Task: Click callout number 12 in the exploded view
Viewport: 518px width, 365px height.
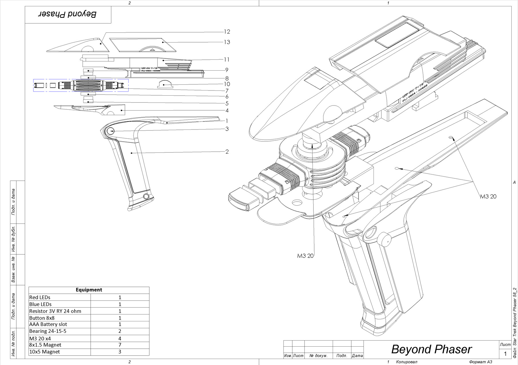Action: pyautogui.click(x=227, y=32)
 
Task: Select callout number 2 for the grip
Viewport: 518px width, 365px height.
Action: pyautogui.click(x=227, y=152)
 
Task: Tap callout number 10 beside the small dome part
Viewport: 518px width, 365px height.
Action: pyautogui.click(x=227, y=84)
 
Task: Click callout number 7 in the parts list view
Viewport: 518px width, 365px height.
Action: pyautogui.click(x=227, y=91)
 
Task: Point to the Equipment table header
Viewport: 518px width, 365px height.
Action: pyautogui.click(x=89, y=290)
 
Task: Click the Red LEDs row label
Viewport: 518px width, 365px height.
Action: pyautogui.click(x=40, y=297)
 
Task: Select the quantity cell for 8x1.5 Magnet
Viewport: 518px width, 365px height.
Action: pyautogui.click(x=120, y=345)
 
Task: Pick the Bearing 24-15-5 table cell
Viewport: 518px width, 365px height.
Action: pyautogui.click(x=48, y=331)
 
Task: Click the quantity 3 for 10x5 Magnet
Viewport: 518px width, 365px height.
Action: pyautogui.click(x=120, y=352)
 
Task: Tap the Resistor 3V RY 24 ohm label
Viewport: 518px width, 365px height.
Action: pyautogui.click(x=55, y=311)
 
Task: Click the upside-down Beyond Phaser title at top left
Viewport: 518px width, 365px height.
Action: pyautogui.click(x=68, y=14)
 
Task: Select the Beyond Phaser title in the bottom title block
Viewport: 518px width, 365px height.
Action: pyautogui.click(x=431, y=349)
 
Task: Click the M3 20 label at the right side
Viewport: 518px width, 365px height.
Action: pyautogui.click(x=488, y=196)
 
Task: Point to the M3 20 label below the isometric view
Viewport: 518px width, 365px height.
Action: pyautogui.click(x=305, y=256)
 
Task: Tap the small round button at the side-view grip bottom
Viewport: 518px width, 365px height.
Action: pyautogui.click(x=146, y=196)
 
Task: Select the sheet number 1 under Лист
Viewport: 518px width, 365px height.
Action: pyautogui.click(x=505, y=354)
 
